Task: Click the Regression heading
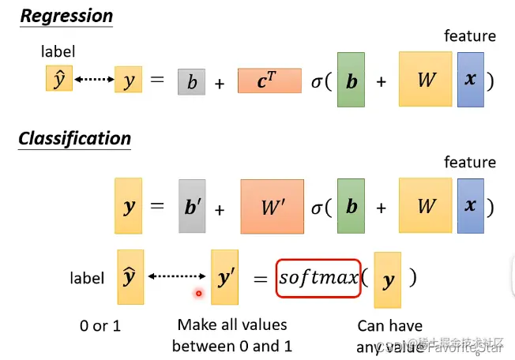[x=66, y=16]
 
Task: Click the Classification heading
[x=75, y=139]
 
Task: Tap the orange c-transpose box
[x=269, y=81]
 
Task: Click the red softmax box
[x=318, y=278]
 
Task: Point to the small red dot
[x=198, y=294]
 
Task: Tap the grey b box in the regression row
[x=192, y=81]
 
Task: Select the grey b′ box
[x=193, y=207]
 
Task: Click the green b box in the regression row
[x=351, y=80]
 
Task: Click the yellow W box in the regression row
[x=426, y=80]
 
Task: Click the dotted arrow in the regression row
[x=92, y=80]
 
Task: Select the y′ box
[x=225, y=277]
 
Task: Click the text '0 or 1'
[x=100, y=326]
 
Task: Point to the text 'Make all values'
[x=232, y=324]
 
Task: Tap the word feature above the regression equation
[x=470, y=36]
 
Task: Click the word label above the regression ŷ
[x=58, y=52]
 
